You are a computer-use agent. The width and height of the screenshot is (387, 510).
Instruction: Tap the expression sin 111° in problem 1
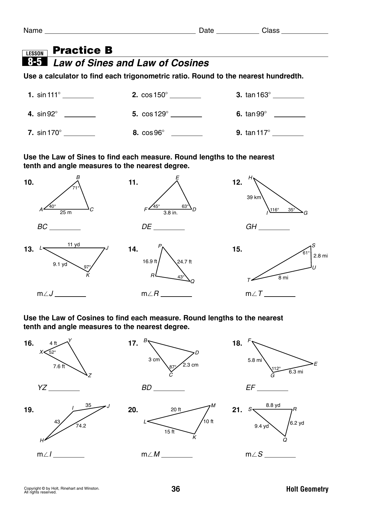tap(48, 95)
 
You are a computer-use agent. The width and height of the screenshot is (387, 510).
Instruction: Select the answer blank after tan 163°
tap(288, 95)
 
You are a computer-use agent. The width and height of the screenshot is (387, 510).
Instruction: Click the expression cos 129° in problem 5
tap(155, 114)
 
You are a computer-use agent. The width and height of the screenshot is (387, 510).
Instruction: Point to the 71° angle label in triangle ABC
tap(76, 188)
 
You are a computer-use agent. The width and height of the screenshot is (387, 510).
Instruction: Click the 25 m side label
tap(66, 212)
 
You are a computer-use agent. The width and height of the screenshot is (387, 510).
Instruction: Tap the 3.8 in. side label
tap(170, 213)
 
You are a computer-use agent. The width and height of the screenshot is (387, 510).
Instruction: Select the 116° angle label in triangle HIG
tap(274, 210)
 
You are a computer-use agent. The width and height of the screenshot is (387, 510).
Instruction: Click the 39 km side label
tap(254, 197)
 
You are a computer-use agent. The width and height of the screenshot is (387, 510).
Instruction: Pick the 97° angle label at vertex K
tap(87, 267)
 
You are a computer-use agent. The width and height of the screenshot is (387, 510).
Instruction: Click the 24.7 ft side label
tap(184, 262)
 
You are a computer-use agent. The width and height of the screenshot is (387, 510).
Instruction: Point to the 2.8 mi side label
tap(320, 256)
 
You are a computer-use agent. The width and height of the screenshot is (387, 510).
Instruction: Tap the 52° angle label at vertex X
tap(52, 352)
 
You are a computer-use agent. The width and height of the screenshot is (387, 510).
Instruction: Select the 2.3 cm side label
tap(190, 365)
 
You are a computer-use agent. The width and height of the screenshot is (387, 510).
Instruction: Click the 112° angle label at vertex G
tap(276, 368)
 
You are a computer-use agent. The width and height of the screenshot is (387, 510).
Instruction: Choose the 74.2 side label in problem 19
tap(81, 426)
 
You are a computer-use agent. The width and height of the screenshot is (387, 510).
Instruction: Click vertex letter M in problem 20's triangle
tap(213, 406)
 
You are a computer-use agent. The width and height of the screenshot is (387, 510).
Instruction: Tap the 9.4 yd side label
tap(261, 426)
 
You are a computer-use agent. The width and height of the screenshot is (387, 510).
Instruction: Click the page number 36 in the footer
tap(176, 489)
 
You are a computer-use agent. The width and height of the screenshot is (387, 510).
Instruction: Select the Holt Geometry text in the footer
tap(307, 489)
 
